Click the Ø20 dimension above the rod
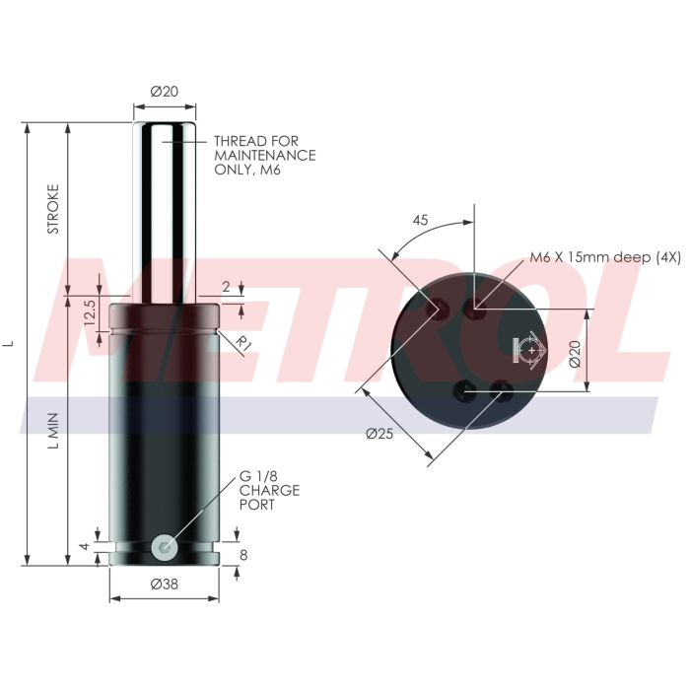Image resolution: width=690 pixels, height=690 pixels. tap(164, 91)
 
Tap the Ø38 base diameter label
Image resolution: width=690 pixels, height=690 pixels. tap(164, 584)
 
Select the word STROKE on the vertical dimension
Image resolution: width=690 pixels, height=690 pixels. tap(54, 209)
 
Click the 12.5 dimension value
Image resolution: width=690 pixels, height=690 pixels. tap(89, 314)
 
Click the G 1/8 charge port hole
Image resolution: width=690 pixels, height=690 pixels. tap(165, 545)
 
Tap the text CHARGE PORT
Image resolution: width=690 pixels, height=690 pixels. tap(268, 497)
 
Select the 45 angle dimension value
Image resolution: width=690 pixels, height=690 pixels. tap(420, 221)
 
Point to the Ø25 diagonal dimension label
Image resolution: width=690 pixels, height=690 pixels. tap(379, 435)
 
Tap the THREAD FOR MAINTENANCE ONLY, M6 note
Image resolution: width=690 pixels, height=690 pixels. tap(264, 156)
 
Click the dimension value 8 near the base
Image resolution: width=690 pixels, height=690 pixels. tap(243, 555)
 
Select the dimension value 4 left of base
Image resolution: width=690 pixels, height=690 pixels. tap(86, 545)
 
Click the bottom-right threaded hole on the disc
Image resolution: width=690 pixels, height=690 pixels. tap(503, 387)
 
